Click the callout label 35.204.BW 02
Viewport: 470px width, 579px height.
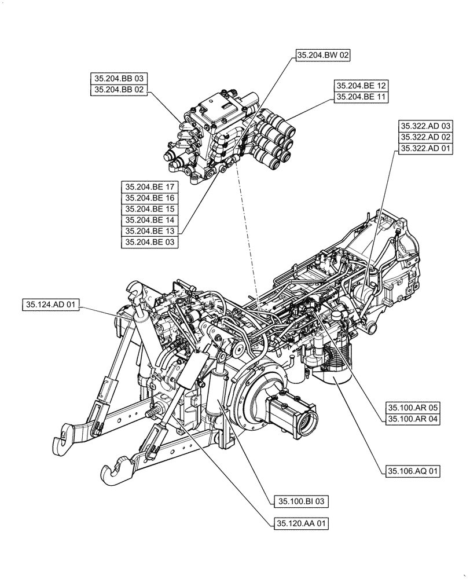coord(323,56)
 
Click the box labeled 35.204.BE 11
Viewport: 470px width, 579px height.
coord(361,97)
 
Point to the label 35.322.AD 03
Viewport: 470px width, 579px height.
coord(426,126)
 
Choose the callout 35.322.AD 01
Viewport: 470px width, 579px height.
coord(426,148)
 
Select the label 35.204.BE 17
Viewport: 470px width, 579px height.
coord(150,187)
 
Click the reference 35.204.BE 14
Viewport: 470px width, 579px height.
coord(150,220)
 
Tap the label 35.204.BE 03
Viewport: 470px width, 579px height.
coord(150,242)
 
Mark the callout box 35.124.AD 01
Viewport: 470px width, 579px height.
coord(51,304)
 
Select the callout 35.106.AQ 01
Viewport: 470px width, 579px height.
coord(412,471)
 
